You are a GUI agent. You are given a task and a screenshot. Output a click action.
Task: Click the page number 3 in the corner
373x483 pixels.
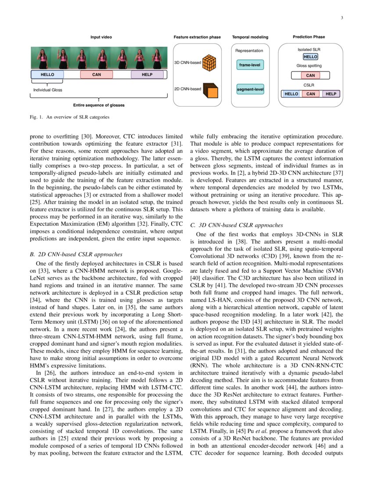tap(341, 18)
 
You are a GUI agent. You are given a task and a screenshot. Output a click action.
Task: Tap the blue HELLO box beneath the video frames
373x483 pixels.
tap(47, 75)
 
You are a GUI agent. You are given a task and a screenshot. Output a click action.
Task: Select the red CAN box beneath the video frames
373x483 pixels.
tap(97, 75)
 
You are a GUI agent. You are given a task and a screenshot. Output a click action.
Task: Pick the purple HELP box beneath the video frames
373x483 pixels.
tap(147, 75)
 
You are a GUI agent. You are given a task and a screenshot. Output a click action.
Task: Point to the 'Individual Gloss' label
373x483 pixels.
tap(48, 90)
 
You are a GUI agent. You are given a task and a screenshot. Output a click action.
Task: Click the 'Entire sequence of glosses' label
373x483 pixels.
tap(99, 105)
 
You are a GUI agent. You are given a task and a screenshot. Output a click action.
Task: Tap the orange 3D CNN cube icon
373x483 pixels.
tap(212, 63)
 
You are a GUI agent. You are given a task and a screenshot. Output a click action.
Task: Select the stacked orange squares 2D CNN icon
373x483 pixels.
tap(212, 90)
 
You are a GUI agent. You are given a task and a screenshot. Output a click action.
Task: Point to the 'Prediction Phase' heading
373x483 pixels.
tap(309, 37)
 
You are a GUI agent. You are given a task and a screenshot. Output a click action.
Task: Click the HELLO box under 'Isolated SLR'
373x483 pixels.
tap(310, 57)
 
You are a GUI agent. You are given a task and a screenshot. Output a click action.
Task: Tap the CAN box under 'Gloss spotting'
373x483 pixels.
tap(310, 75)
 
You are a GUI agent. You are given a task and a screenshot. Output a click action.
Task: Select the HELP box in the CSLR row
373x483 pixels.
tap(331, 94)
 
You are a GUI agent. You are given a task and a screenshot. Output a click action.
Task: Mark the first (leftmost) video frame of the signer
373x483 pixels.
tap(42, 58)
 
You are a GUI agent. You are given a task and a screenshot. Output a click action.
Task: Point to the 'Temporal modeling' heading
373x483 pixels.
tap(250, 37)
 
